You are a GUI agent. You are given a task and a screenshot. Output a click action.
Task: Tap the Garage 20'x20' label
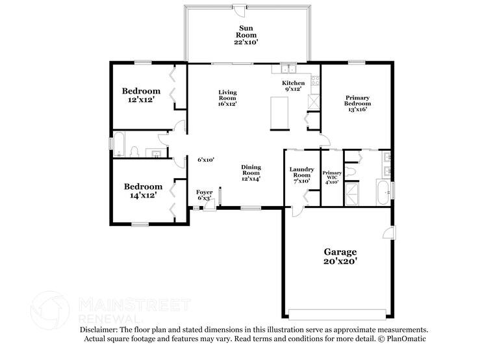point(340,256)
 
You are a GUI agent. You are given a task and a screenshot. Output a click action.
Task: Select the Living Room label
point(227,97)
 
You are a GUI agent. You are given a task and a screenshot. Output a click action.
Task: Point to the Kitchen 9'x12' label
point(293,86)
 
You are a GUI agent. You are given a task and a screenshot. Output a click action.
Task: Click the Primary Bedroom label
point(358,103)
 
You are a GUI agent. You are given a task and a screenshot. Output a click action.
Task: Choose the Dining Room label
point(251,173)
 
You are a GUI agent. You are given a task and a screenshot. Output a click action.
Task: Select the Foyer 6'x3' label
point(205,195)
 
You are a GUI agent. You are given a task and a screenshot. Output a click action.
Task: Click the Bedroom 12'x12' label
point(141,95)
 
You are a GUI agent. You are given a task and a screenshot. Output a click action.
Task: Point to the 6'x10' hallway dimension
point(206,160)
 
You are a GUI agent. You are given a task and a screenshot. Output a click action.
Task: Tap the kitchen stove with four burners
point(315,81)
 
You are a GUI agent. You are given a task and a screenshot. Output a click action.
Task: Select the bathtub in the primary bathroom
point(383,192)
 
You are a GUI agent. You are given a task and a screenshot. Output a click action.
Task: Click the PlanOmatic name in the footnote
point(405,339)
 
